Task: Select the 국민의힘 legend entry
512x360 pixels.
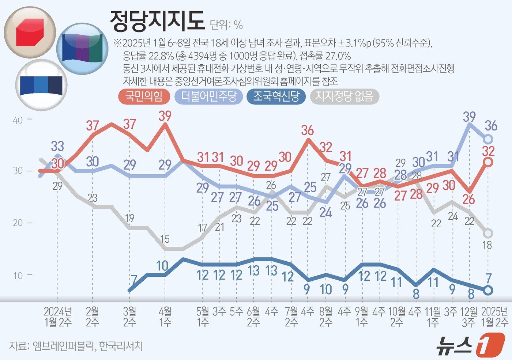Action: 144,96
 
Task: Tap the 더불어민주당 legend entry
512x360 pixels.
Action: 209,96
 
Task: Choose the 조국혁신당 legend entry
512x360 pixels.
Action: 276,96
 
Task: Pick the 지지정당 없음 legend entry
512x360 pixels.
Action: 344,96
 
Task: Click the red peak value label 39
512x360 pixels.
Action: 165,116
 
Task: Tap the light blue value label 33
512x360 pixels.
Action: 57,146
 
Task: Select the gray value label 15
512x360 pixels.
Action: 165,239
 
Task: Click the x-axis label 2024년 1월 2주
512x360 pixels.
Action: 58,317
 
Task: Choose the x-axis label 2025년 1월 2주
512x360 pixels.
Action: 494,317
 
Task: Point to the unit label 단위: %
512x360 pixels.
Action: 226,25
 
